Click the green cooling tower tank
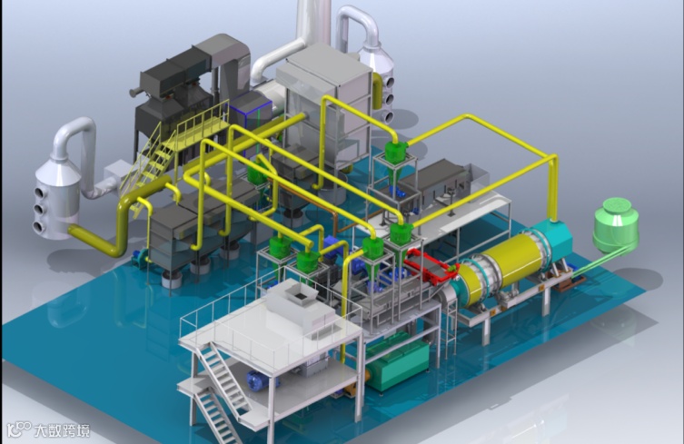(616, 224)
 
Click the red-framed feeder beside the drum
(431, 267)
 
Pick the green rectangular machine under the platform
(397, 362)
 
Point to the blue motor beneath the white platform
(261, 380)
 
